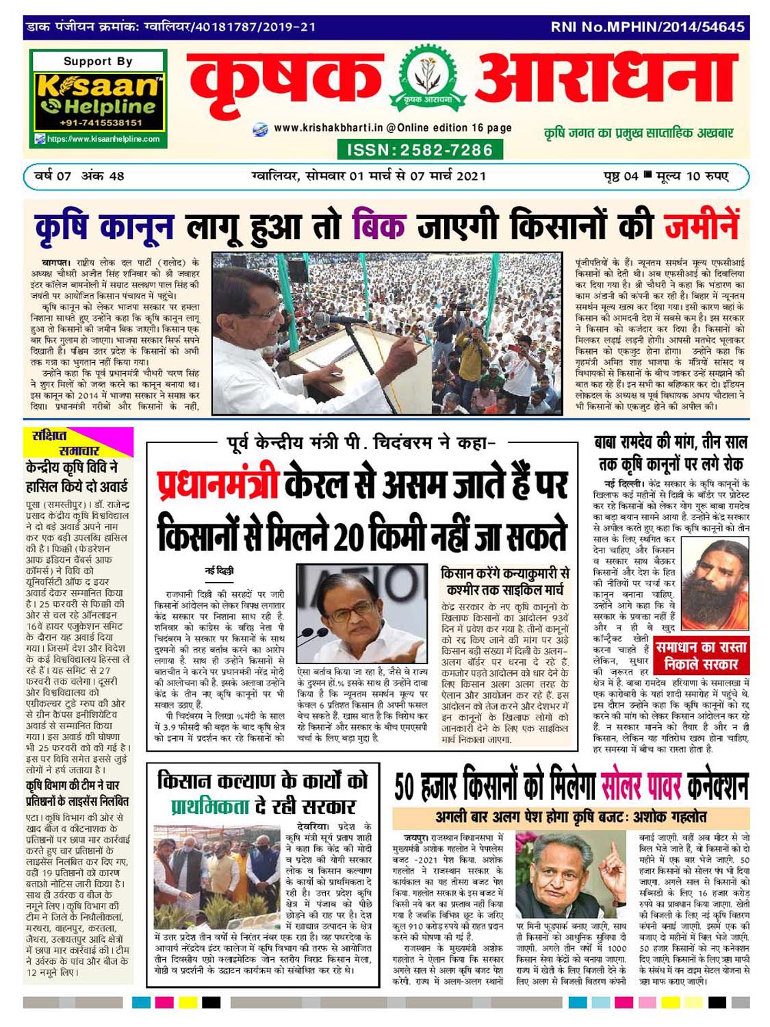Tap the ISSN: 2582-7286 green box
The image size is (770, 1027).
click(x=420, y=150)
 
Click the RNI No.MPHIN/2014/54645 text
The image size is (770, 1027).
click(x=647, y=27)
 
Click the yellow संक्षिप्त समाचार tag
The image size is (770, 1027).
click(x=60, y=443)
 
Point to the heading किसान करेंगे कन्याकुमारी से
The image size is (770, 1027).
click(x=505, y=574)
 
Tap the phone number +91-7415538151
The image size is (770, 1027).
click(x=101, y=123)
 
